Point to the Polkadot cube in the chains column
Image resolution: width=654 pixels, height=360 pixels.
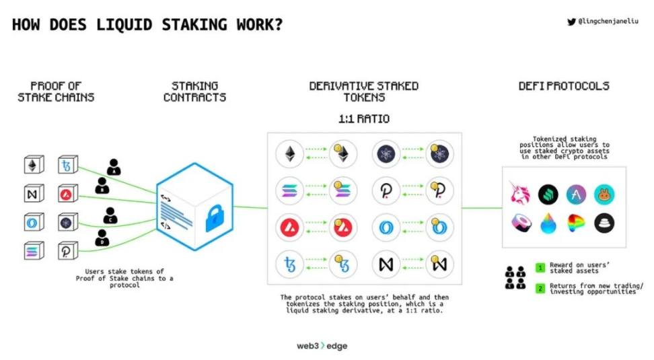67,250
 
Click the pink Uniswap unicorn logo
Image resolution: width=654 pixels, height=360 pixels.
519,194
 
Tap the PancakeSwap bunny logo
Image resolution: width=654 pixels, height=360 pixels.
604,194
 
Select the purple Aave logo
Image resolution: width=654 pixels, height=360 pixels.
576,194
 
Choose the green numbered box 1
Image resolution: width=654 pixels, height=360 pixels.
540,268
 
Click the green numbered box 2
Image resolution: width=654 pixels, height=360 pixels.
540,289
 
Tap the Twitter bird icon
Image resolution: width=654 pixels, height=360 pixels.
571,22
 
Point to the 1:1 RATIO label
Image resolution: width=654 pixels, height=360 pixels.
363,120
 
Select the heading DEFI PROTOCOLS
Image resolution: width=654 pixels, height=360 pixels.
564,86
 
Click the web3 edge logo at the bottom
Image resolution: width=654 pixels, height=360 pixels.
322,346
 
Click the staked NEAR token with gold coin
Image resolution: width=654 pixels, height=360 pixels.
440,263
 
